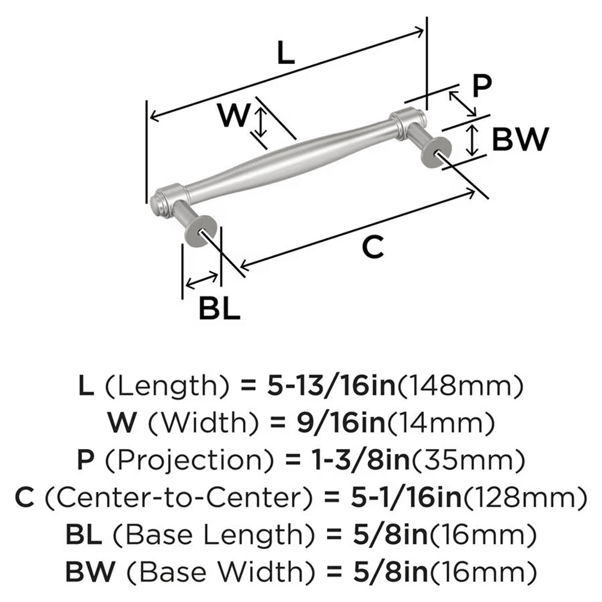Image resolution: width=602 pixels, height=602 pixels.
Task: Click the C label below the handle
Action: click(373, 247)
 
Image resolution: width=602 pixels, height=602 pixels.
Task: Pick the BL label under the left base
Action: click(220, 309)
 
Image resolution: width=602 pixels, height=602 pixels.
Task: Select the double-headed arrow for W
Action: click(260, 122)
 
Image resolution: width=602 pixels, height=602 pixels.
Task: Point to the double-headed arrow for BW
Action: click(474, 140)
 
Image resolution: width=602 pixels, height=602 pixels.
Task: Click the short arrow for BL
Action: click(202, 279)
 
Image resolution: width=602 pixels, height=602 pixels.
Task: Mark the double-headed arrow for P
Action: click(463, 104)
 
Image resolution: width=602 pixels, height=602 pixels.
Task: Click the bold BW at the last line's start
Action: click(88, 569)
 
